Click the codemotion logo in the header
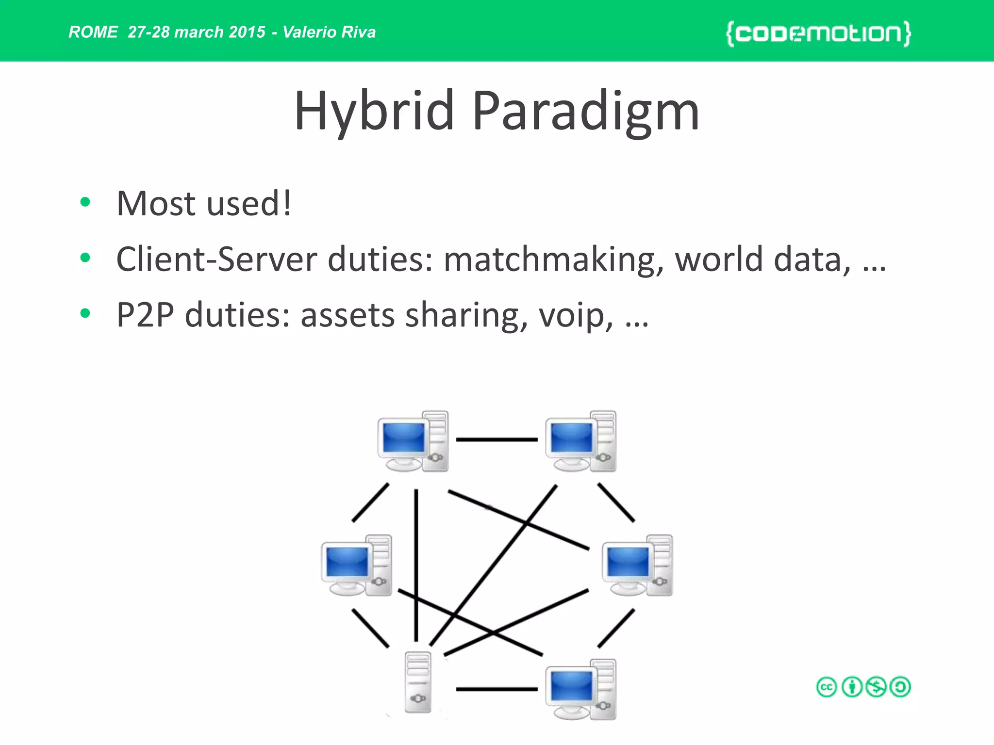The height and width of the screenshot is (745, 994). (818, 33)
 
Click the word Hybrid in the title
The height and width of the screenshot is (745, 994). (374, 112)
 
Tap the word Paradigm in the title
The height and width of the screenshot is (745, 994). (586, 112)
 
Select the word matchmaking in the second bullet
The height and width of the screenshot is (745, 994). (553, 259)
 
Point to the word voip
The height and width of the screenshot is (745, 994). (576, 315)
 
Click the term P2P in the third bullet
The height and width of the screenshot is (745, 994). (145, 315)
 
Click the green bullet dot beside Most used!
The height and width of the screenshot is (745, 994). (85, 202)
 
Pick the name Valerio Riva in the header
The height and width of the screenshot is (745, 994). (329, 32)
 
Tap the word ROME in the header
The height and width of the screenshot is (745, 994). (93, 32)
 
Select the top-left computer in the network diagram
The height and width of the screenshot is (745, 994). (413, 441)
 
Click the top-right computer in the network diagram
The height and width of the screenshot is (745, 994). (580, 441)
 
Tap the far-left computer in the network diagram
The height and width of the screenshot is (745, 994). (357, 566)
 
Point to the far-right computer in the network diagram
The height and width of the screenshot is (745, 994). (637, 566)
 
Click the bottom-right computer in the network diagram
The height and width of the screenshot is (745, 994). (580, 689)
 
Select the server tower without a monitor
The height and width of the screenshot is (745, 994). (418, 682)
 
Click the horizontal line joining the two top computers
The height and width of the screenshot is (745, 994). (497, 439)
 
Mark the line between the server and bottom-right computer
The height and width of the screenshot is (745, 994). (497, 689)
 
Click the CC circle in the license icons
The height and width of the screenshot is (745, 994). (827, 687)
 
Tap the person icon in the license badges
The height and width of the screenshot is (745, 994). (852, 687)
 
